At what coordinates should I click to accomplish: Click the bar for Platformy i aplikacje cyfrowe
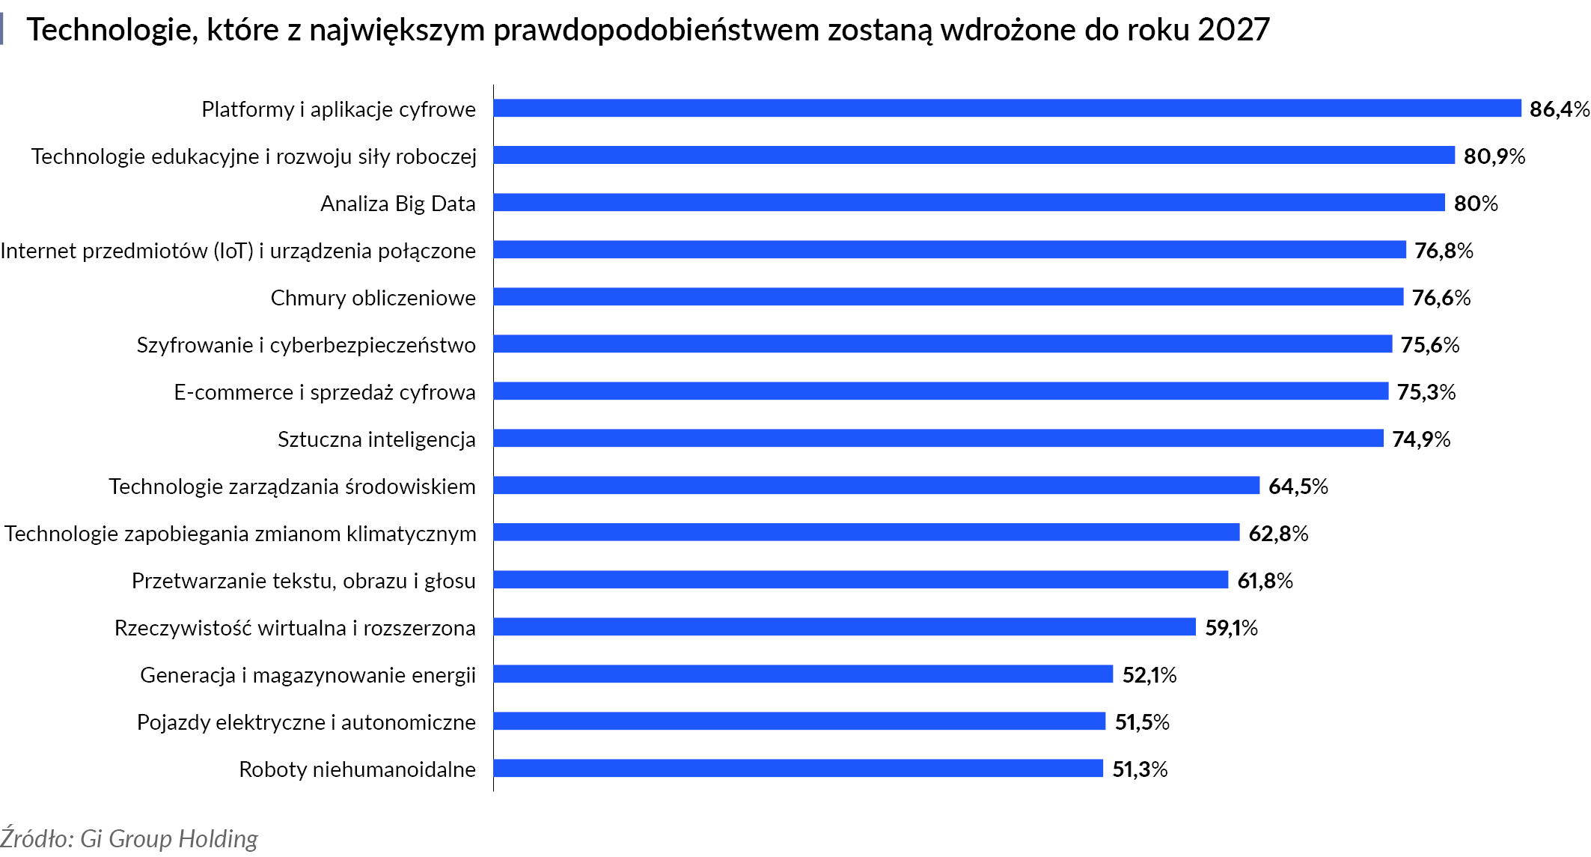[x=1007, y=109]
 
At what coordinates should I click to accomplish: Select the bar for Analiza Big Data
[x=968, y=203]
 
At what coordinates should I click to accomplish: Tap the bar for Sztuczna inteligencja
[x=938, y=439]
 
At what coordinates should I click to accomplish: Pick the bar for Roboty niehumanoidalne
[x=798, y=769]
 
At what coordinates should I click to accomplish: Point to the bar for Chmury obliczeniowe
[x=947, y=297]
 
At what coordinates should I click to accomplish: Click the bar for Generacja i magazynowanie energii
[x=802, y=674]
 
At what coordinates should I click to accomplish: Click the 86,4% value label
[x=1559, y=109]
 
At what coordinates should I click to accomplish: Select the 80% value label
[x=1475, y=204]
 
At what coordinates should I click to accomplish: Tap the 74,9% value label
[x=1420, y=439]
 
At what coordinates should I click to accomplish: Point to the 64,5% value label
[x=1298, y=487]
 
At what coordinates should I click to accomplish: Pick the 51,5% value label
[x=1141, y=722]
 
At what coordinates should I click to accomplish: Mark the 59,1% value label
[x=1230, y=628]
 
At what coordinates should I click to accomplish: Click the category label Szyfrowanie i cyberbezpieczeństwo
[x=306, y=345]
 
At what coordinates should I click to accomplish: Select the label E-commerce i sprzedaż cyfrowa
[x=324, y=392]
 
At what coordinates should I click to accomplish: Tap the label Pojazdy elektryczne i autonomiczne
[x=306, y=722]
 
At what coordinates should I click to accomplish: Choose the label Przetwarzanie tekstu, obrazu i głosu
[x=303, y=581]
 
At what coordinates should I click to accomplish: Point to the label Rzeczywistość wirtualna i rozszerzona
[x=295, y=628]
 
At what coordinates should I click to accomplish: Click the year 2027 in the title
[x=1233, y=30]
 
